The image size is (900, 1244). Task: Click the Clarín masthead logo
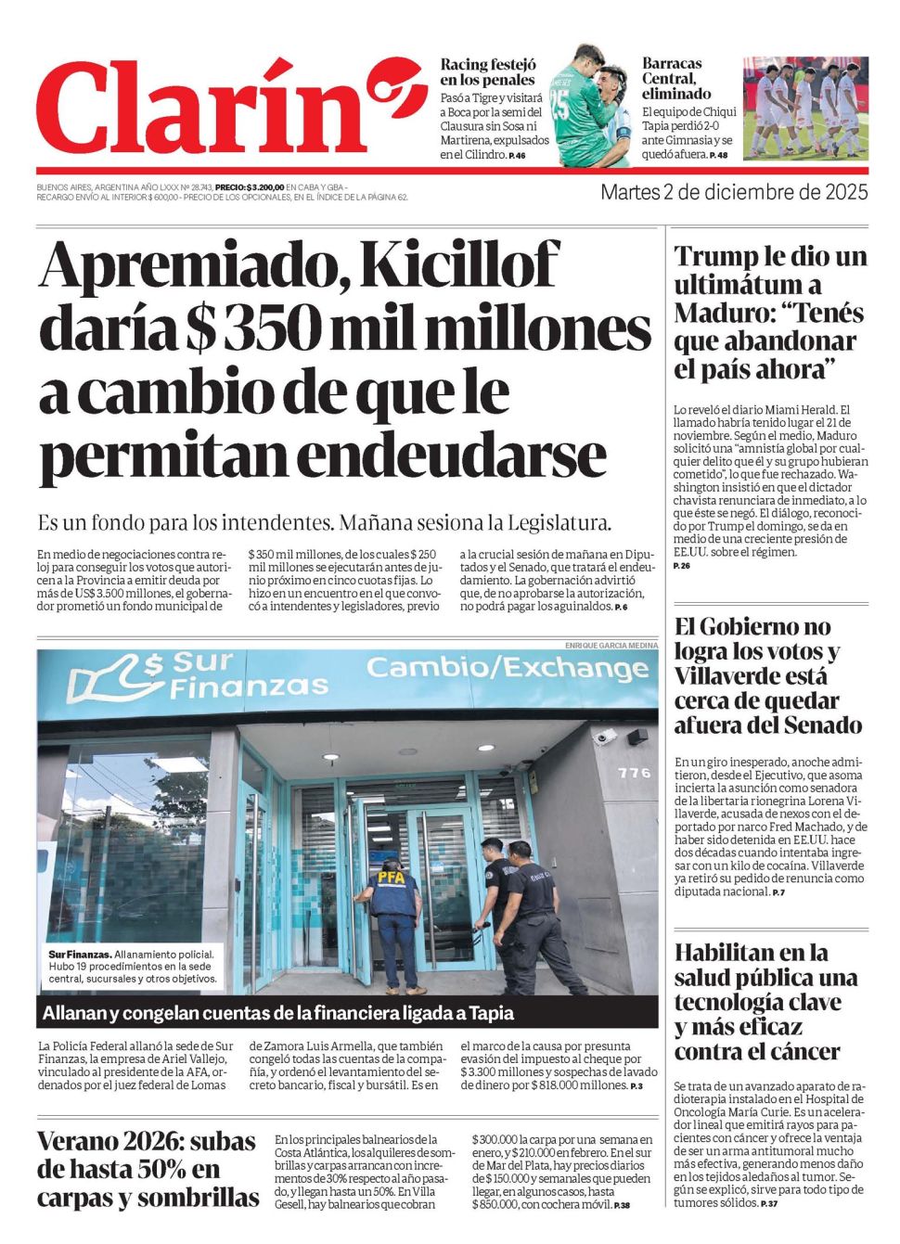(218, 109)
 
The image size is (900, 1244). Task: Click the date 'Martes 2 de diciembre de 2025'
(734, 193)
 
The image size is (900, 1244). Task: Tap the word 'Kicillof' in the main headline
(460, 266)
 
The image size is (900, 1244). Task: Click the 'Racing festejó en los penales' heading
(489, 72)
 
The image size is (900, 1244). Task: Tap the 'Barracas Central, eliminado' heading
(677, 79)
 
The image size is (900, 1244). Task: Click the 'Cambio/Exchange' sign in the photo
(507, 668)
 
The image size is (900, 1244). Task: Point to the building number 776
(634, 772)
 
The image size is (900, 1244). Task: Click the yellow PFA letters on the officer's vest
(390, 876)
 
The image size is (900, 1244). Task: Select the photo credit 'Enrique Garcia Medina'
(611, 645)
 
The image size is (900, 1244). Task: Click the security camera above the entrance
(604, 737)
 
